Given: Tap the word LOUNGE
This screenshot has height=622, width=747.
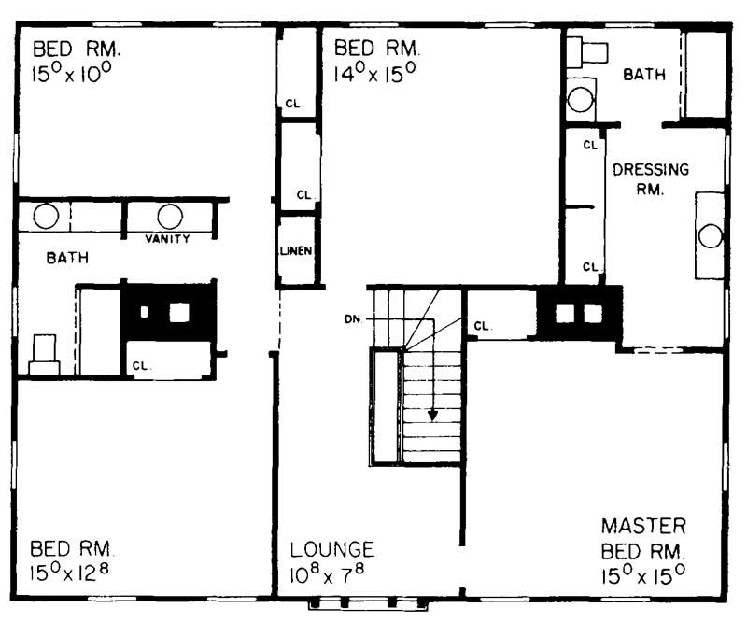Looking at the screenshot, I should pyautogui.click(x=332, y=549).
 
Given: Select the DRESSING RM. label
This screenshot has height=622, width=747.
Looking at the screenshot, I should pyautogui.click(x=651, y=178).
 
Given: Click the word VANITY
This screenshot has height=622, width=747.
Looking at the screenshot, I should pyautogui.click(x=167, y=239).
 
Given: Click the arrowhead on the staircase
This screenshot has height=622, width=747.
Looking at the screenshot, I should pyautogui.click(x=432, y=413).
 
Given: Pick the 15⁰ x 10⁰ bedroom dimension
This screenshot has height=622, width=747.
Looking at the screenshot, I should pyautogui.click(x=73, y=71).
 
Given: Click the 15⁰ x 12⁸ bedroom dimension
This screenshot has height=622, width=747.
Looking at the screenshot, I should pyautogui.click(x=73, y=570).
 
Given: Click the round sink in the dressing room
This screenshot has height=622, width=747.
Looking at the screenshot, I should pyautogui.click(x=711, y=236).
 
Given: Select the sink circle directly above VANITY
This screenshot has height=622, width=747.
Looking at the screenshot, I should pyautogui.click(x=169, y=217).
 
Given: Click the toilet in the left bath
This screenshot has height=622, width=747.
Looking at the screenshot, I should pyautogui.click(x=44, y=356).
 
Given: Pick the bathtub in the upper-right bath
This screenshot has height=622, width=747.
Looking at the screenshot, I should pyautogui.click(x=706, y=75).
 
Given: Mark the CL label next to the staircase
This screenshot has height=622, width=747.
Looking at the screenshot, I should pyautogui.click(x=482, y=327).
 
